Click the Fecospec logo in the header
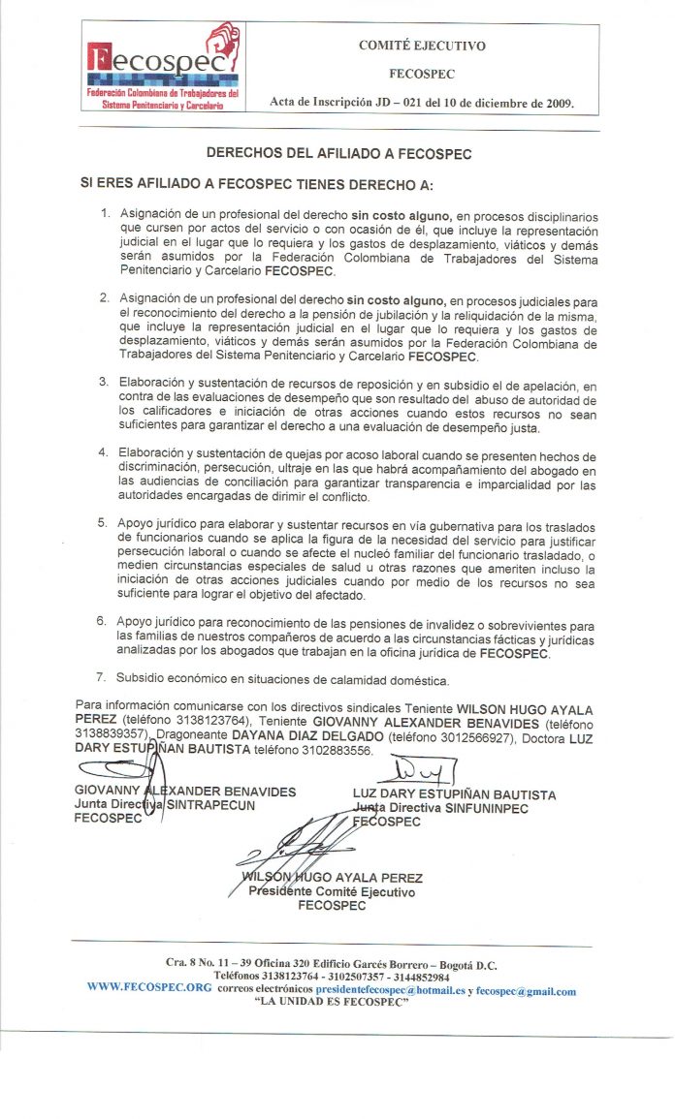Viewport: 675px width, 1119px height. coord(163,67)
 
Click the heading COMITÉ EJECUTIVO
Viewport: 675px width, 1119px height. coord(422,46)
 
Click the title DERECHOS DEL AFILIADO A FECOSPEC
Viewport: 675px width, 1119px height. coord(339,152)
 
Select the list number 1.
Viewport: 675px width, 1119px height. coord(106,212)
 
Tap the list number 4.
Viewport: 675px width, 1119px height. coord(104,452)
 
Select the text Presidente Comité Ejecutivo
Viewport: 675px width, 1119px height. coord(332,891)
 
